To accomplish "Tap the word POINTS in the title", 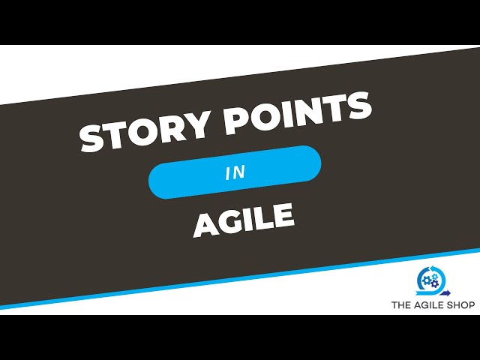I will tap(292, 113).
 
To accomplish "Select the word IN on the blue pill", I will tap(235, 173).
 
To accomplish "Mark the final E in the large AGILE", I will tap(282, 215).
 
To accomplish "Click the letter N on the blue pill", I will tap(239, 173).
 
